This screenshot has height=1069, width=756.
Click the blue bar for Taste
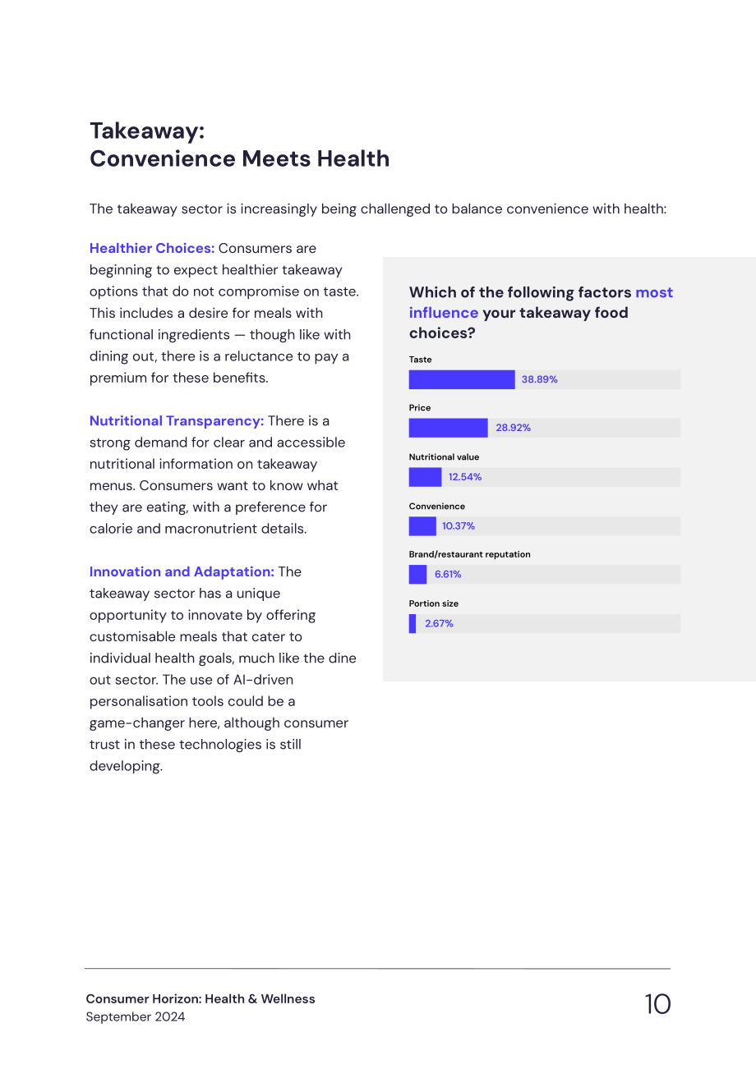(462, 379)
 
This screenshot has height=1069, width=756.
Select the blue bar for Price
(449, 428)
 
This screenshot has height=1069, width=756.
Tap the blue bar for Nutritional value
(425, 477)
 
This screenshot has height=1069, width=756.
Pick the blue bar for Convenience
(422, 526)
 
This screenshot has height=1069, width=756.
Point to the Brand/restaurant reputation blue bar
(417, 574)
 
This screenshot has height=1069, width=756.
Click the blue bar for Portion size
(413, 623)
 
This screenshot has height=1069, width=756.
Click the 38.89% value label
(540, 379)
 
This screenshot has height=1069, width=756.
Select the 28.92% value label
(513, 428)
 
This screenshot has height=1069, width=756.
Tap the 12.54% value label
(464, 477)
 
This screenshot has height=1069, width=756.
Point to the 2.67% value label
(439, 623)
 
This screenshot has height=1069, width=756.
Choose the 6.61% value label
(448, 574)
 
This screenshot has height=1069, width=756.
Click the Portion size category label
(434, 603)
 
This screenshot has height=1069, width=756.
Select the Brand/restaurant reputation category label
(469, 554)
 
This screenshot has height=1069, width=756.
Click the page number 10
(657, 1004)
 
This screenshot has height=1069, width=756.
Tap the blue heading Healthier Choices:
(152, 248)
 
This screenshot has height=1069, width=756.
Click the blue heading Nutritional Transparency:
(177, 421)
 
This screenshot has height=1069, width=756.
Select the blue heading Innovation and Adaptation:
(182, 571)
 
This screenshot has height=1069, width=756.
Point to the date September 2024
(135, 1016)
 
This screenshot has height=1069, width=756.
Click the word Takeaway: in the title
(147, 131)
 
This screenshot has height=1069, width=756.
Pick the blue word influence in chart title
(443, 313)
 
